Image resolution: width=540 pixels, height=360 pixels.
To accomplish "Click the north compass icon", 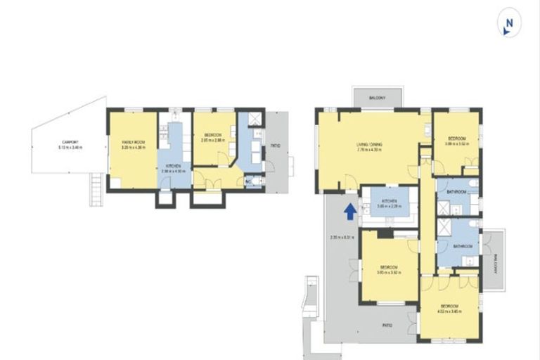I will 508,25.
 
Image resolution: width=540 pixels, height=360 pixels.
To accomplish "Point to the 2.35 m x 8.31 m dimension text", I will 341,237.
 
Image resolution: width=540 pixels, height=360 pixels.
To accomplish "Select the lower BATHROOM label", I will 462,246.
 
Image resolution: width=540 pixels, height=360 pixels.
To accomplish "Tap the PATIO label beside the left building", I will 275,146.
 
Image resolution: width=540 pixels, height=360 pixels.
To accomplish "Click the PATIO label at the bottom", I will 387,325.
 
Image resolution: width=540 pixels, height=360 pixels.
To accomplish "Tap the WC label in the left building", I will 248,181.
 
